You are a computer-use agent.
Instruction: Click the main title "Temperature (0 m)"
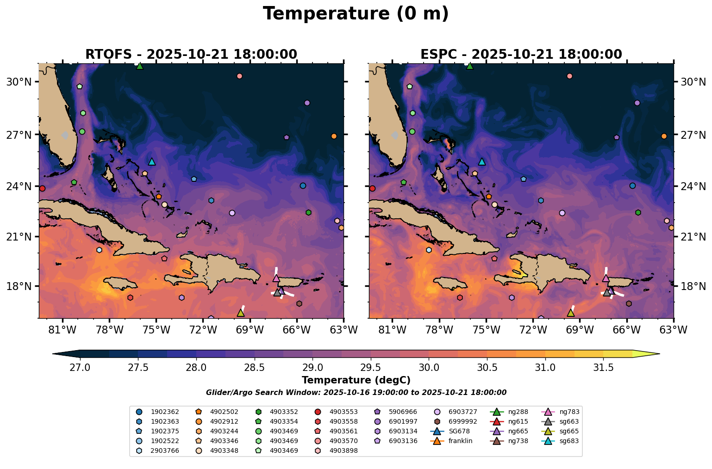click(x=356, y=14)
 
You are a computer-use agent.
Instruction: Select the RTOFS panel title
click(x=191, y=55)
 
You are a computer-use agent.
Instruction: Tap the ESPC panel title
click(x=521, y=55)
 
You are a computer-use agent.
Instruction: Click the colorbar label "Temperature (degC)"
click(x=356, y=380)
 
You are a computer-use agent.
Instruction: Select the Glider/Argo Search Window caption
click(x=356, y=393)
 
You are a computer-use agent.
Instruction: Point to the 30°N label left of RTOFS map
click(x=19, y=82)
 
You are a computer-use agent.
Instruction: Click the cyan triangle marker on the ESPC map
click(x=481, y=161)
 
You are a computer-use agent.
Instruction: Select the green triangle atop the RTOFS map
click(x=140, y=66)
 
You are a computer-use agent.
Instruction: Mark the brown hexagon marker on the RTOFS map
click(x=299, y=303)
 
